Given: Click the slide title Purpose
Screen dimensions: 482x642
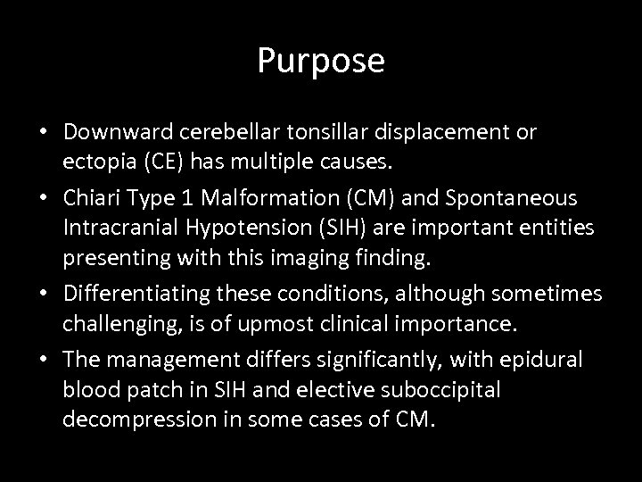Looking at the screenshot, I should coord(321,61).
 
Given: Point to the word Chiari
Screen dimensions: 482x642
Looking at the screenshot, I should coord(91,196).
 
